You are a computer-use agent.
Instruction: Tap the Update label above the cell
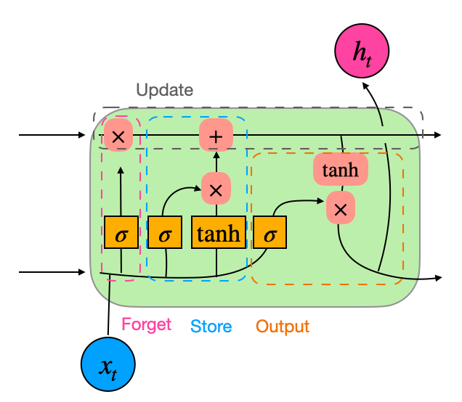point(165,91)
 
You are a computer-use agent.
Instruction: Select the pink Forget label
point(146,324)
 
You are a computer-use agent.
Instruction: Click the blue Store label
point(211,327)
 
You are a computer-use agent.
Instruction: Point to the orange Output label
point(283,327)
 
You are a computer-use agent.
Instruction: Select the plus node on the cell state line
point(216,136)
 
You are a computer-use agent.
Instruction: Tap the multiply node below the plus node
point(216,189)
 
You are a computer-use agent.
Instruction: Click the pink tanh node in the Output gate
point(340,171)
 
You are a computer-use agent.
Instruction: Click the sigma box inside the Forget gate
point(121,233)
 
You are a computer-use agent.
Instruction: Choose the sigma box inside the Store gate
point(165,233)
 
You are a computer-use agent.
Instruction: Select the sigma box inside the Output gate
point(269,233)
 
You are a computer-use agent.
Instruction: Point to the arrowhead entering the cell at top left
point(83,135)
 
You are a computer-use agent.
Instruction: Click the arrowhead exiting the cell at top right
point(437,135)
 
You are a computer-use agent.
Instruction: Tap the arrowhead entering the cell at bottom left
point(83,273)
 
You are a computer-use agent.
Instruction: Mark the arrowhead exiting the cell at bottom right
point(437,279)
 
